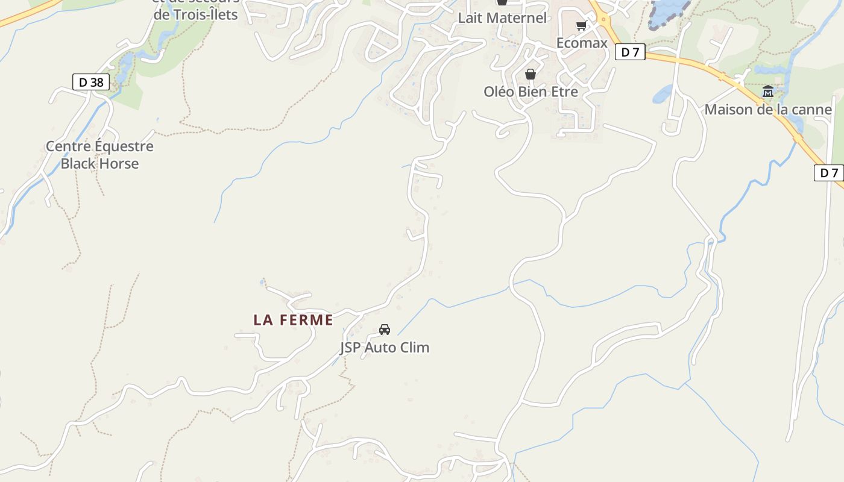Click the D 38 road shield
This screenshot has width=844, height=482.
(x=91, y=82)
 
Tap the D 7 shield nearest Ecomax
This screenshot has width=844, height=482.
(x=630, y=52)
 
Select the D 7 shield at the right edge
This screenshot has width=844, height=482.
(x=830, y=173)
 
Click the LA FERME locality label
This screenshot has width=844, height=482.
(x=293, y=320)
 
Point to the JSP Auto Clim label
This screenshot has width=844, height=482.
(x=385, y=348)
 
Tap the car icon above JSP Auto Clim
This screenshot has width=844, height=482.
(x=385, y=330)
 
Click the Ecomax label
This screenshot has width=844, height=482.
(x=582, y=43)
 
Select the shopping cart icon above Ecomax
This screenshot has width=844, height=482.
(x=582, y=25)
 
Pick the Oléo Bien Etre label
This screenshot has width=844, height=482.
(x=531, y=92)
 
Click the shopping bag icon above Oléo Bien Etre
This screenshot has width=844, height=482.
(x=531, y=74)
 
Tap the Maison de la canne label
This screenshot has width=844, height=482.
(x=768, y=110)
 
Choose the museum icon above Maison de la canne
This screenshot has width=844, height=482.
(x=768, y=92)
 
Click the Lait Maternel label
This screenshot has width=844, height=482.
(x=502, y=18)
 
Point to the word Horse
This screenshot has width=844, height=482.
(x=118, y=163)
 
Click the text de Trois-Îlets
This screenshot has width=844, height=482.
(x=196, y=15)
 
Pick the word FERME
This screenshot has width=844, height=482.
(x=307, y=320)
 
